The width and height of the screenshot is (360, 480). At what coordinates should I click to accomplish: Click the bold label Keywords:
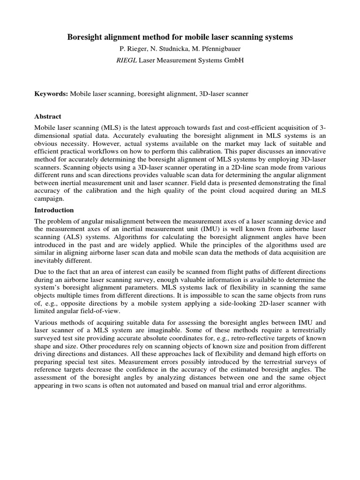pos(51,94)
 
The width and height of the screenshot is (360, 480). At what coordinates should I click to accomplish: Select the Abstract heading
pos(48,116)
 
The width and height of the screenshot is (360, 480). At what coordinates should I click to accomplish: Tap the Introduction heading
pos(54,210)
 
